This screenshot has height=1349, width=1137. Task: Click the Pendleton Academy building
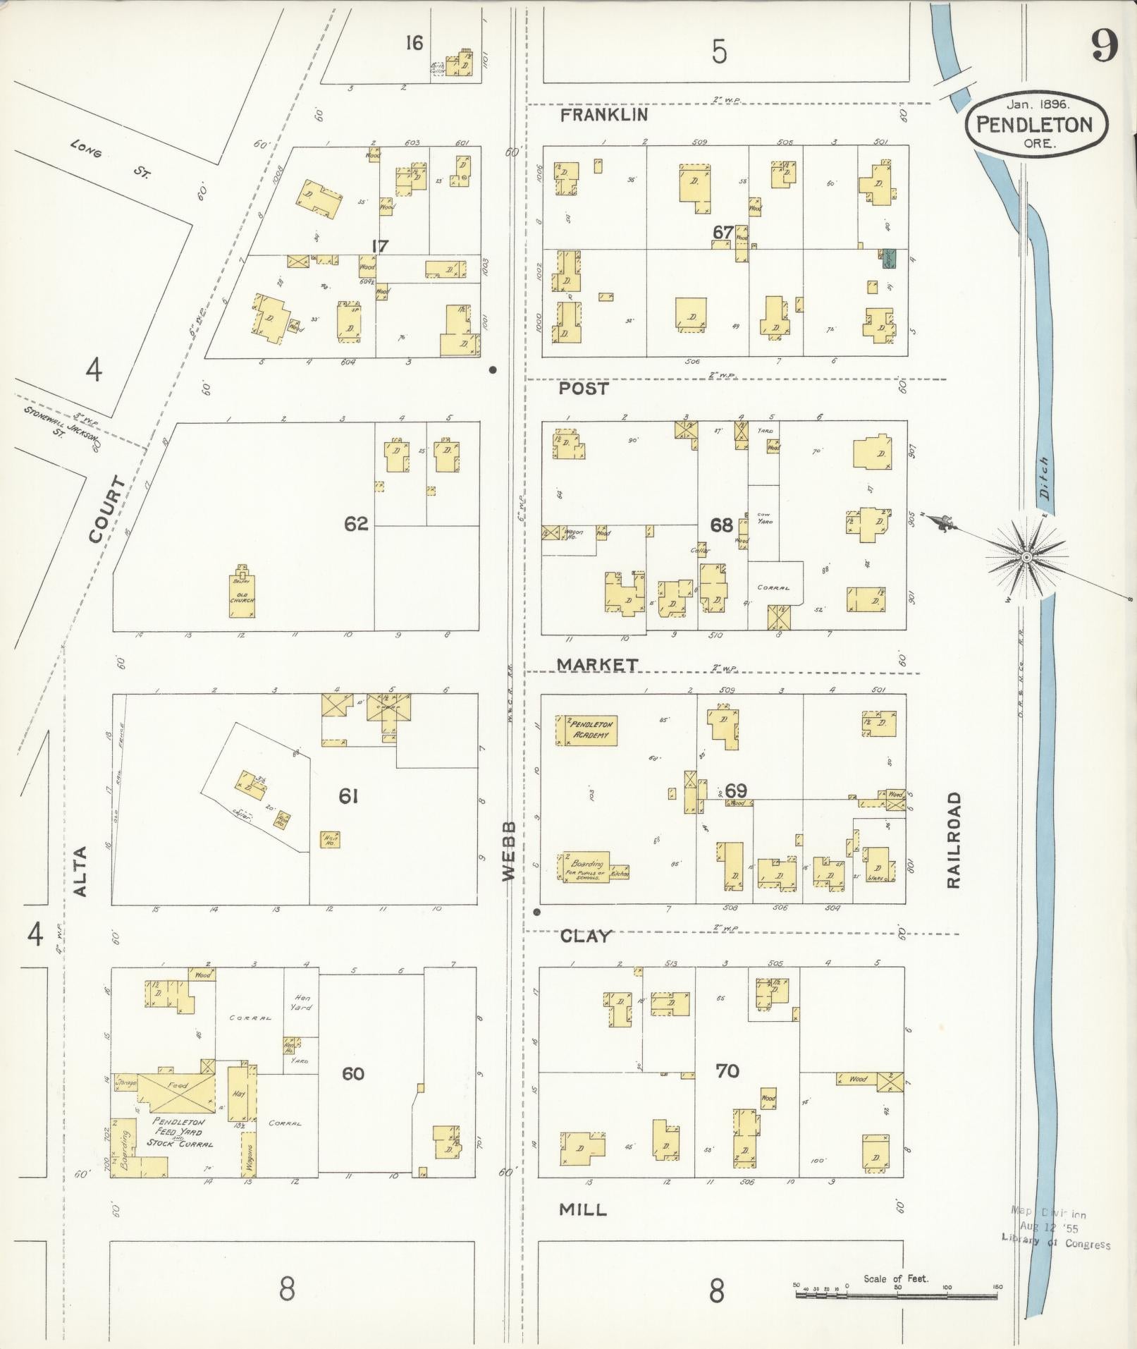pos(586,730)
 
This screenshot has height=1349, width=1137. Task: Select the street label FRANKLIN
pos(603,115)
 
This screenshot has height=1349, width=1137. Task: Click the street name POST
pos(584,389)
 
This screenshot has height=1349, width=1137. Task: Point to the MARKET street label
pos(597,664)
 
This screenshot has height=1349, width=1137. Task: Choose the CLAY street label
pos(585,936)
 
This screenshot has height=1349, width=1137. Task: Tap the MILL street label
pos(582,1209)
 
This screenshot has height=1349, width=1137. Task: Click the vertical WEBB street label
pos(510,850)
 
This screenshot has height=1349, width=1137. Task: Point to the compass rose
pos(1026,557)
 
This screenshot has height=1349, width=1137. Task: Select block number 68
pos(720,525)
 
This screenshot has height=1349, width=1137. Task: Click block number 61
pos(348,796)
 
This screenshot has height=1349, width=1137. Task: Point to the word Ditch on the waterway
pos(1044,478)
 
